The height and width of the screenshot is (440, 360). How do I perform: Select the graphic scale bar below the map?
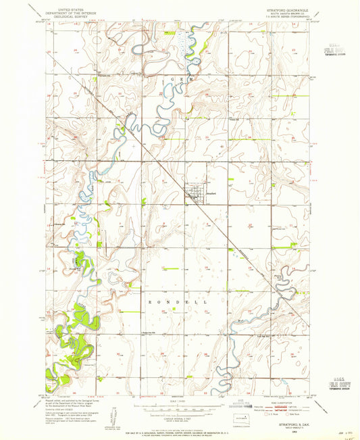[180, 408]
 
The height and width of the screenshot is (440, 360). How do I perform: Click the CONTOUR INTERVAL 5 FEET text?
[180, 418]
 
